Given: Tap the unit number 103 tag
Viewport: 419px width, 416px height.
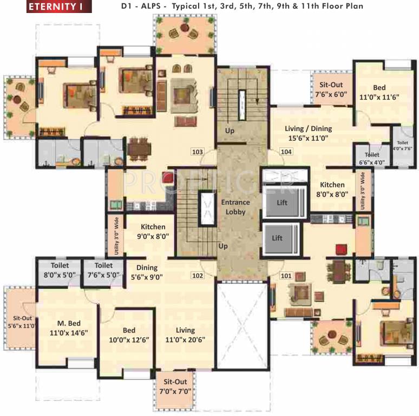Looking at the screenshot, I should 198,152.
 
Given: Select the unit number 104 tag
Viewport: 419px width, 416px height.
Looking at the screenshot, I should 286,152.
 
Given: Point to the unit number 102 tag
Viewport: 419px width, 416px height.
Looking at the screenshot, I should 198,275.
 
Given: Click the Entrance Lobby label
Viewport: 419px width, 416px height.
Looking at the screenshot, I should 234,207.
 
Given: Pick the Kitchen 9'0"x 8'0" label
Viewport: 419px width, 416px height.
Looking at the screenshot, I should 153,231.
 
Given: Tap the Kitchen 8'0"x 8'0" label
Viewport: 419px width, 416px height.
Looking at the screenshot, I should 332,189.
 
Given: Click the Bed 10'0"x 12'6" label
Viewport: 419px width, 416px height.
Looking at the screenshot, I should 128,335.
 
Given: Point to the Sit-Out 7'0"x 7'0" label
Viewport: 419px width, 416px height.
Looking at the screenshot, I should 173,386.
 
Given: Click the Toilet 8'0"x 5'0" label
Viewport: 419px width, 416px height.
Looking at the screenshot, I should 60,270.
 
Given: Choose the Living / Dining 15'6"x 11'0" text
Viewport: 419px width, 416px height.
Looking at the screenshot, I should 309,133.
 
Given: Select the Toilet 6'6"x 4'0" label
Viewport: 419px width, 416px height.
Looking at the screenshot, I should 371,158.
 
